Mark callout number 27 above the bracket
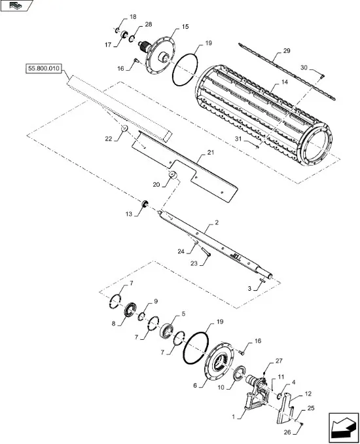pos(279,361)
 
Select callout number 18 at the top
pos(133,16)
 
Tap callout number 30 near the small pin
pos(304,67)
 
